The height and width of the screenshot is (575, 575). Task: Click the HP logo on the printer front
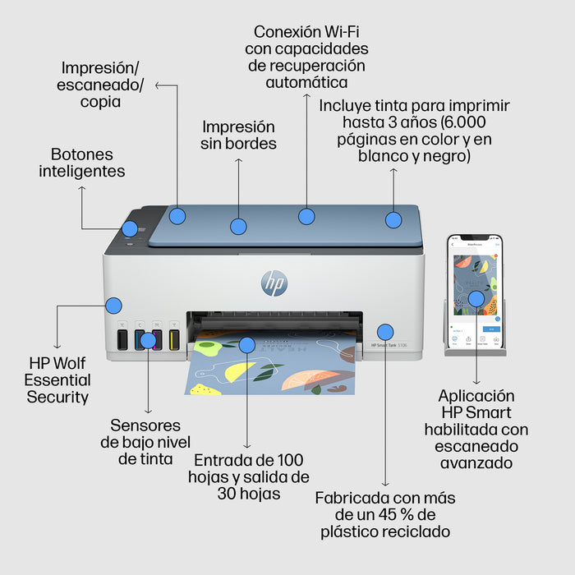[x=274, y=283]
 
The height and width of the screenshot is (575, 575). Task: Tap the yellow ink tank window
[x=174, y=339]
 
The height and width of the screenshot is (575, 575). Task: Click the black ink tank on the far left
[x=122, y=339]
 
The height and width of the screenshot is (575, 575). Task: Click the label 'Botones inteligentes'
[x=82, y=163]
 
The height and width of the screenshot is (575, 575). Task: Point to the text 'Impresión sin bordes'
[x=239, y=135]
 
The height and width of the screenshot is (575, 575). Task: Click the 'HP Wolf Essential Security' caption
[x=57, y=379]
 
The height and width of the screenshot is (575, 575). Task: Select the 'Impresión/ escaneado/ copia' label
[x=100, y=84]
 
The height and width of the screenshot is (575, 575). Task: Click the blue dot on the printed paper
[x=246, y=345]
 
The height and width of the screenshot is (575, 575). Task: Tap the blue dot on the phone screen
[x=476, y=298]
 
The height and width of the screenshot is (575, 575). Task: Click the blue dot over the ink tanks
[x=148, y=340]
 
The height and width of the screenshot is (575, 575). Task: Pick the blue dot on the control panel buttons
[x=130, y=228]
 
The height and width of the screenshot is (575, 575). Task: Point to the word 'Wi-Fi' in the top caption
[x=343, y=32]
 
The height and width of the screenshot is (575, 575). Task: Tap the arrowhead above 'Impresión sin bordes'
[x=239, y=162]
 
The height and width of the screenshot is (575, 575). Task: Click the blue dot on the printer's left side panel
[x=114, y=306]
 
